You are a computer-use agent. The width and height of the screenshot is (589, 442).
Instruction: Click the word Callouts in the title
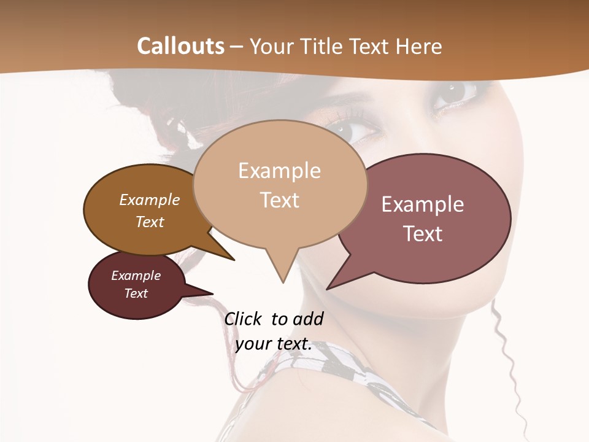pyautogui.click(x=180, y=46)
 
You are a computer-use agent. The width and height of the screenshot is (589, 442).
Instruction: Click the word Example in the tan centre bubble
pyautogui.click(x=279, y=171)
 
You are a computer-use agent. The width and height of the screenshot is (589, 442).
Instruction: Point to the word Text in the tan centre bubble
pyautogui.click(x=279, y=200)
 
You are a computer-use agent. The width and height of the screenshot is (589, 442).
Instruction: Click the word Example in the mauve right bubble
pyautogui.click(x=423, y=204)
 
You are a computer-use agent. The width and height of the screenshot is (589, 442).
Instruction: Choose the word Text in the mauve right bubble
pyautogui.click(x=423, y=234)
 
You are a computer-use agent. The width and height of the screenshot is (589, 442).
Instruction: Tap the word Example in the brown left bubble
pyautogui.click(x=150, y=200)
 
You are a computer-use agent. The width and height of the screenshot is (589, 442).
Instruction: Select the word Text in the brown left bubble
pyautogui.click(x=150, y=222)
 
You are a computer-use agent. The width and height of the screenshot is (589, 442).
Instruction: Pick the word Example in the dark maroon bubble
pyautogui.click(x=136, y=276)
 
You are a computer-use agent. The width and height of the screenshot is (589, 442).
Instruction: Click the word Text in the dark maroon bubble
pyautogui.click(x=136, y=293)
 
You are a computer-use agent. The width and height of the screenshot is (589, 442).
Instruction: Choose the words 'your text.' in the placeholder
pyautogui.click(x=274, y=344)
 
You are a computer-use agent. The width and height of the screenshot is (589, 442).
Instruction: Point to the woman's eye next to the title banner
pyautogui.click(x=454, y=93)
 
